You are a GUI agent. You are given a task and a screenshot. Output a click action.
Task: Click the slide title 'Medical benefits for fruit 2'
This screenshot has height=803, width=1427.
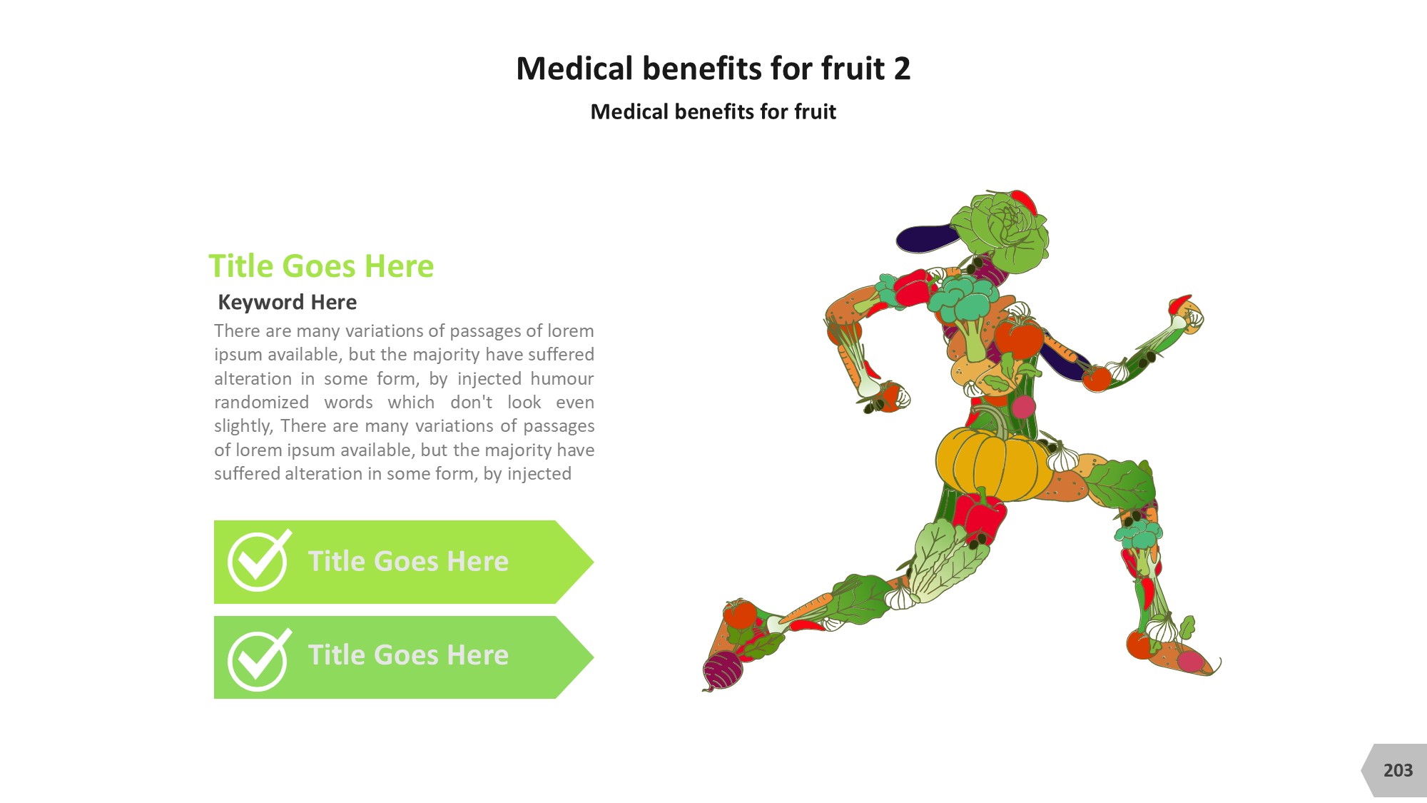pos(713,69)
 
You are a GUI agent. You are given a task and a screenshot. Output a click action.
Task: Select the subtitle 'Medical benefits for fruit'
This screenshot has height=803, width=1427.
pos(713,111)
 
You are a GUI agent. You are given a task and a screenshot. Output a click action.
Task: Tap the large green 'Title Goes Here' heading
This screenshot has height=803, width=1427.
pos(321,266)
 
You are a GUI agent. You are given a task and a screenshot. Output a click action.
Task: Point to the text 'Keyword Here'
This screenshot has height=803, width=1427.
pos(287,302)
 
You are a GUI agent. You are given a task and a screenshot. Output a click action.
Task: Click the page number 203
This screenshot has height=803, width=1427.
pos(1398,770)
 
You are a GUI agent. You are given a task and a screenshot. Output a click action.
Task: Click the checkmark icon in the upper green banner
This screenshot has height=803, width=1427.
pos(259,561)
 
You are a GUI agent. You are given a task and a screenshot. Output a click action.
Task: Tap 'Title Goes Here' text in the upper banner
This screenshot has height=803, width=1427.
pos(408,561)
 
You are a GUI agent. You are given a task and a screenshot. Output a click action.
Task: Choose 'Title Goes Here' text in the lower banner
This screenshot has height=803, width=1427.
pos(408,655)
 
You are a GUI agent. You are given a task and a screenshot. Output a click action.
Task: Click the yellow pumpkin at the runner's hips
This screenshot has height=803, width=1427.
pos(993,464)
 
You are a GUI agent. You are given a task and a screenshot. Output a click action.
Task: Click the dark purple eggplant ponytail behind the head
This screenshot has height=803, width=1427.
pos(928,238)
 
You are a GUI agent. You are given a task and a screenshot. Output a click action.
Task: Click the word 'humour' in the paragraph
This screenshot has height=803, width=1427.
pos(562,378)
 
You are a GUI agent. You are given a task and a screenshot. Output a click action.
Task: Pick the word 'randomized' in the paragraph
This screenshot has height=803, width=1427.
pos(262,402)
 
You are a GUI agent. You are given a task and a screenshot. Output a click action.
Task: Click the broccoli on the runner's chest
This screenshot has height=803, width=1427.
pos(963,310)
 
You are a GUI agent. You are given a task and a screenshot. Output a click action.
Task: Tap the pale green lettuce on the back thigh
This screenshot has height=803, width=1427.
pos(942,560)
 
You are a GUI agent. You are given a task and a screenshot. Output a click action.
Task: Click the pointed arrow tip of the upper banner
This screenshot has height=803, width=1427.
pos(593,562)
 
